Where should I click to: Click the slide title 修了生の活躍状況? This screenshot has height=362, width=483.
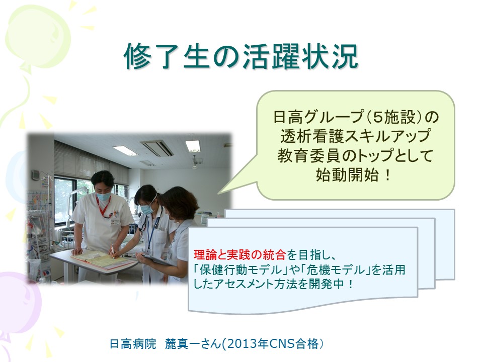pyautogui.click(x=241, y=56)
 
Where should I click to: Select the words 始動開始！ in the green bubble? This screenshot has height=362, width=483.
pyautogui.click(x=354, y=175)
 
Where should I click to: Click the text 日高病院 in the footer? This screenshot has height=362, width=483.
pyautogui.click(x=133, y=344)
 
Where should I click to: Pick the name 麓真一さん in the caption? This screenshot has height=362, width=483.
pyautogui.click(x=193, y=344)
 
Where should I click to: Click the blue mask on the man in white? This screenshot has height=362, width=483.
pyautogui.click(x=103, y=196)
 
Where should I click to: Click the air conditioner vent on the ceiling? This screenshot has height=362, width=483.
pyautogui.click(x=157, y=148)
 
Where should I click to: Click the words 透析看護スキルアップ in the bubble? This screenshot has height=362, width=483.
pyautogui.click(x=355, y=136)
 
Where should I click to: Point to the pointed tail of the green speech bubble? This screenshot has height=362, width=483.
pyautogui.click(x=218, y=194)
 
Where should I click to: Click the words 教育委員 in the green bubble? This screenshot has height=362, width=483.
pyautogui.click(x=309, y=156)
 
